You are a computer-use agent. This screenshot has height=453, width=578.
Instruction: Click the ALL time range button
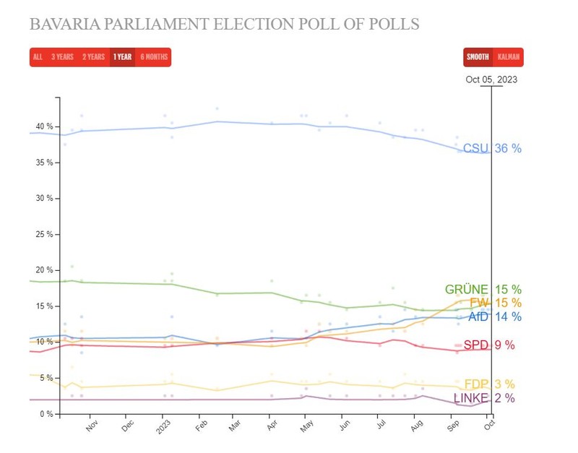(38, 57)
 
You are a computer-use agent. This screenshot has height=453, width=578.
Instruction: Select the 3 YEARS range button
(62, 57)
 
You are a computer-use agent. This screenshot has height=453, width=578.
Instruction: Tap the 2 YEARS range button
(94, 57)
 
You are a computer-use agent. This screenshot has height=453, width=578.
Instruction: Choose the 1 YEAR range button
(122, 57)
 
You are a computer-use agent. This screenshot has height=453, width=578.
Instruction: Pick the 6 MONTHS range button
(154, 57)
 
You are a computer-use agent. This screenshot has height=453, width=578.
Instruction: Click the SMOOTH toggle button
(478, 57)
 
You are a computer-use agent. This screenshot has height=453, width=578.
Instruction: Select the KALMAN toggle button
(509, 57)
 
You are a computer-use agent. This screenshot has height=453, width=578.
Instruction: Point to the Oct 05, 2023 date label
(491, 79)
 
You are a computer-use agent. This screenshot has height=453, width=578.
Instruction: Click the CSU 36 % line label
(492, 148)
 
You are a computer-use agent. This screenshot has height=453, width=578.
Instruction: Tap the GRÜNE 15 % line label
(483, 289)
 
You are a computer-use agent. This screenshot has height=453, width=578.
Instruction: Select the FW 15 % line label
(496, 303)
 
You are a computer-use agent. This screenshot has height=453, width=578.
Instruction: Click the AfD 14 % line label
(495, 316)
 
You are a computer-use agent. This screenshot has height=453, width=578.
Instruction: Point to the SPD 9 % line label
(489, 345)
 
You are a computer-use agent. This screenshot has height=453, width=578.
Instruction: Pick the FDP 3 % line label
(490, 384)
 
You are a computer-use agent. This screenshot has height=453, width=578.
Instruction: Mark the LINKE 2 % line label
(484, 398)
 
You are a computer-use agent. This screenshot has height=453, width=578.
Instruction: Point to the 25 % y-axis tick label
(45, 234)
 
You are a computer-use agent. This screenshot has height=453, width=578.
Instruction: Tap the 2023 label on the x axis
(163, 427)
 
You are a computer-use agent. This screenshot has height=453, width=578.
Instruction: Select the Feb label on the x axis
(202, 426)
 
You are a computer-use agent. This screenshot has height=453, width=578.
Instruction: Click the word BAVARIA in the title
(65, 24)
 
